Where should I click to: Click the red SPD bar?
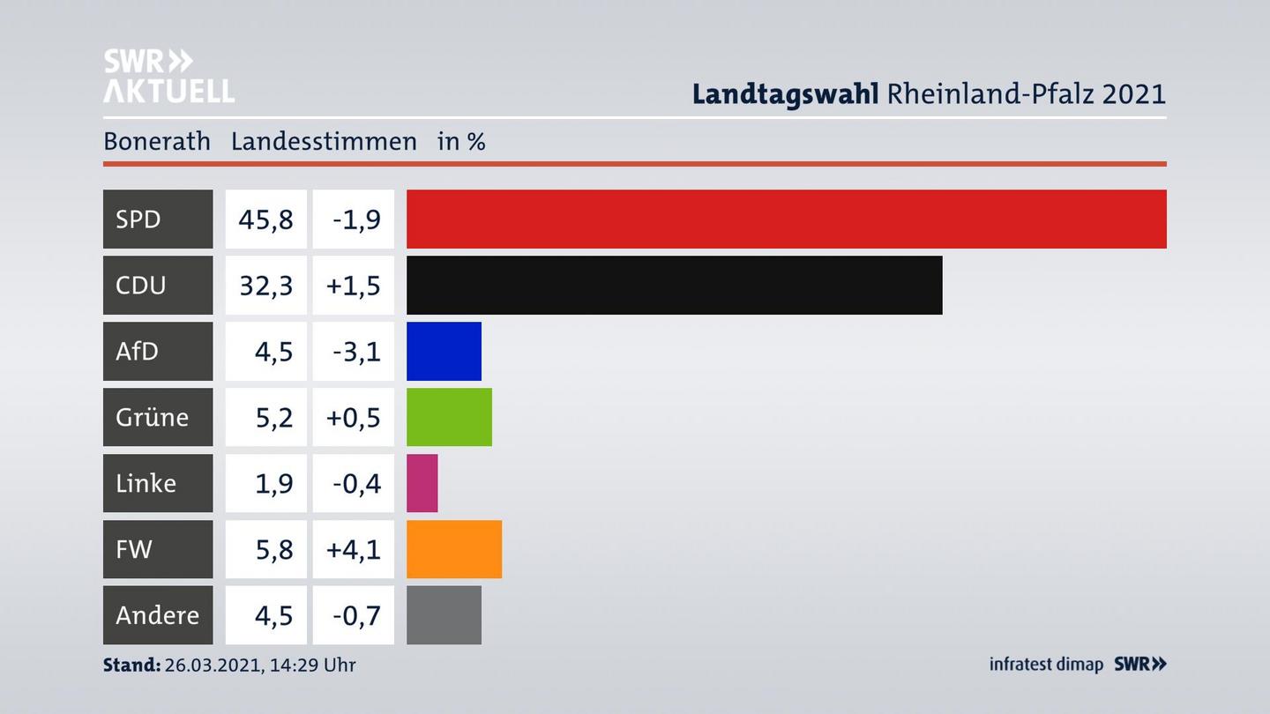click(x=786, y=219)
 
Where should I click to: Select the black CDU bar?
click(x=674, y=285)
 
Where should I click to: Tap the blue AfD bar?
click(x=444, y=351)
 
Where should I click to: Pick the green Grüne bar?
click(x=449, y=417)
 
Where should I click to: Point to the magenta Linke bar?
click(x=422, y=483)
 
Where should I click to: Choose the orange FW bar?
click(x=453, y=549)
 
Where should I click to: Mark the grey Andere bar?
click(x=444, y=615)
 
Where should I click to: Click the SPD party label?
click(x=138, y=219)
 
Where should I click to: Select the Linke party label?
click(x=146, y=483)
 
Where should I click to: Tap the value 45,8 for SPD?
click(x=265, y=219)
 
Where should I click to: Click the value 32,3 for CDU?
click(x=265, y=285)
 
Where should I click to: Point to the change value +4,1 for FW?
click(x=354, y=549)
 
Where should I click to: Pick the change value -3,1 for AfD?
click(x=356, y=351)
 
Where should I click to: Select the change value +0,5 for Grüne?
click(x=354, y=417)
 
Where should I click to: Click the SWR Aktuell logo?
click(x=168, y=76)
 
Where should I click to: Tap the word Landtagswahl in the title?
click(x=785, y=93)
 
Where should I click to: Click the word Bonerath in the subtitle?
click(x=157, y=141)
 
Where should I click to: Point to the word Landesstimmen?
click(x=324, y=141)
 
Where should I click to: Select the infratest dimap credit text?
click(x=1046, y=665)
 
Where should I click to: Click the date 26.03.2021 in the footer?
click(x=212, y=665)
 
